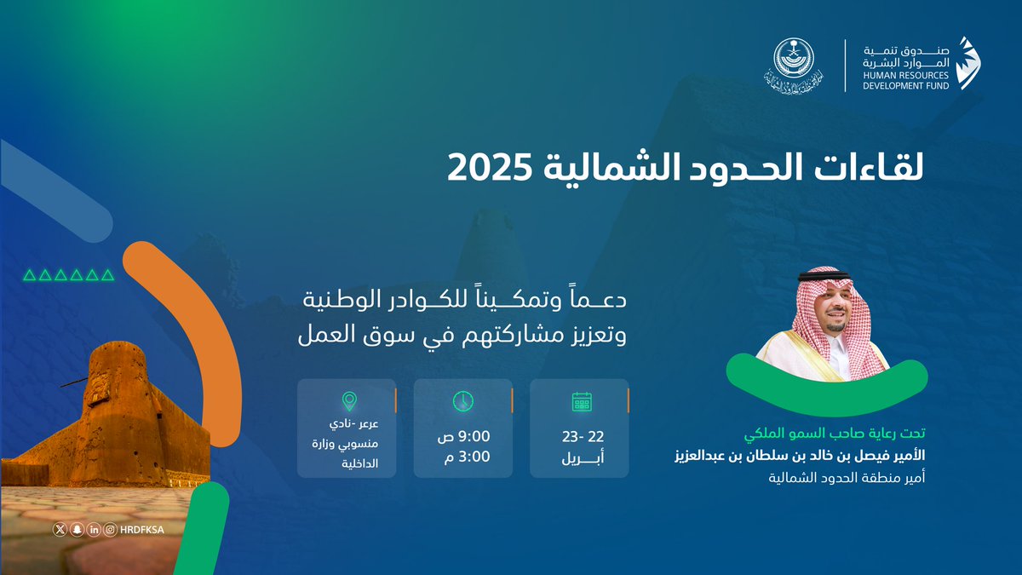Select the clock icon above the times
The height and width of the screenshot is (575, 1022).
coord(462,401)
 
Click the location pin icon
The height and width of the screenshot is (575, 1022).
coord(347,400)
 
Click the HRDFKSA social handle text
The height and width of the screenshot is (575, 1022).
coord(143,529)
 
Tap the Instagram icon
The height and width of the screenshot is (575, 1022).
coord(111,529)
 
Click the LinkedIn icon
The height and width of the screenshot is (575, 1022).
coord(94,529)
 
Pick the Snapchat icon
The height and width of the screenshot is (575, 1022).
coord(77,529)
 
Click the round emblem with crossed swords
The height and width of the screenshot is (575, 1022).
coord(794,66)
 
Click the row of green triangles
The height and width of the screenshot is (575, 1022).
coord(68,274)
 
